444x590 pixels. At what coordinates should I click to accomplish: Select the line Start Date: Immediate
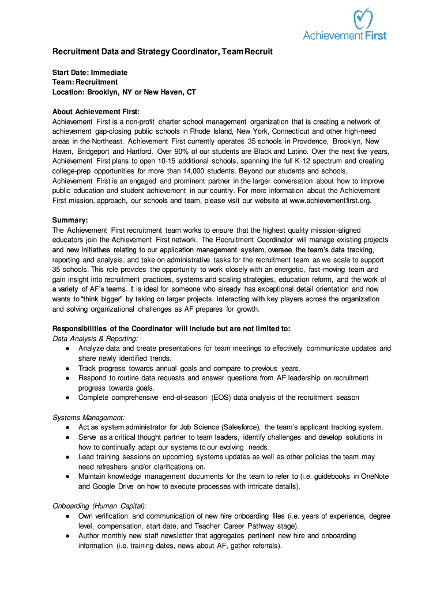(x=90, y=73)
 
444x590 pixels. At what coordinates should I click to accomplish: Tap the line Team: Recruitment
(x=85, y=82)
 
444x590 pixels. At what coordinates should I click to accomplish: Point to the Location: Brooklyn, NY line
(x=124, y=92)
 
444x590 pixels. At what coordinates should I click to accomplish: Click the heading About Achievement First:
(x=96, y=111)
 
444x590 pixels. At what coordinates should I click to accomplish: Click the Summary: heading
(x=70, y=220)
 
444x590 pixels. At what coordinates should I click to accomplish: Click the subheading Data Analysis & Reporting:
(x=95, y=339)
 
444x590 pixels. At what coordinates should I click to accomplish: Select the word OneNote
(x=375, y=476)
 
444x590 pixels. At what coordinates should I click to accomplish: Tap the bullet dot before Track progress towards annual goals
(x=68, y=369)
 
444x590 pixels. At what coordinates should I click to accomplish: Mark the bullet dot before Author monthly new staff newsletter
(x=68, y=536)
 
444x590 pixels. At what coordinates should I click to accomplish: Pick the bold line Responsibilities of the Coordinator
(x=171, y=328)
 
